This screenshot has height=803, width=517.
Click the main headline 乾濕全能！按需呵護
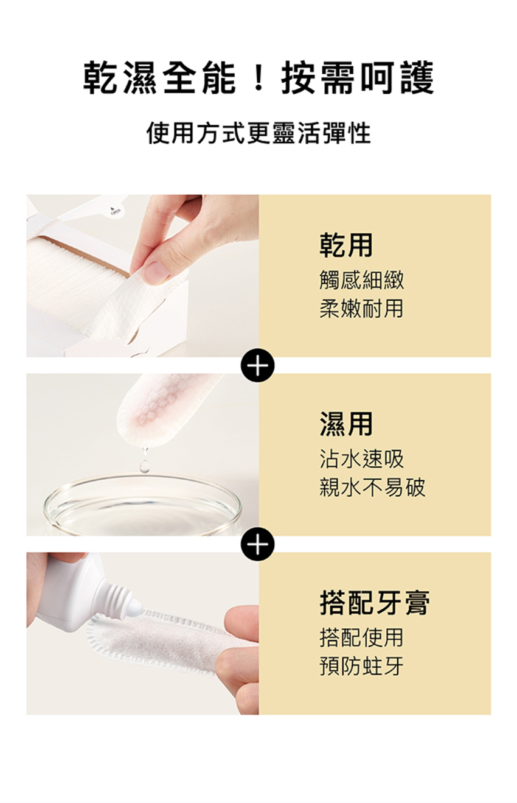(x=258, y=78)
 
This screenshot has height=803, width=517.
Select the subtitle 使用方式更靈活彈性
(x=258, y=133)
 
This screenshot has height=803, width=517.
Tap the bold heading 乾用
(x=346, y=245)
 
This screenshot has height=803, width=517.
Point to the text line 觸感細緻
(x=362, y=279)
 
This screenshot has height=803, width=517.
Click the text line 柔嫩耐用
(x=362, y=308)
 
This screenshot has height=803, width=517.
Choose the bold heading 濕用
(x=346, y=424)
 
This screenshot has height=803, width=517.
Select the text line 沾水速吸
(x=362, y=458)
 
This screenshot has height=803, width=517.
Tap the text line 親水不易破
(x=372, y=487)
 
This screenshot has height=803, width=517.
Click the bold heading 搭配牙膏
(x=375, y=603)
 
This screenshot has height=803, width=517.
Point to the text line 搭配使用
(x=362, y=637)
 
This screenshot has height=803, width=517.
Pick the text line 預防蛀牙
(x=362, y=666)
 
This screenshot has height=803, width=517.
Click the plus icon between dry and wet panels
(x=258, y=365)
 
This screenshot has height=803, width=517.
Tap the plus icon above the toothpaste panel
(x=258, y=544)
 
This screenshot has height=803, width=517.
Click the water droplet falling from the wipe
(x=144, y=465)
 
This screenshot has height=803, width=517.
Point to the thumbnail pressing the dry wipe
(x=156, y=272)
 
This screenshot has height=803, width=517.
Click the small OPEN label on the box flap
(x=116, y=211)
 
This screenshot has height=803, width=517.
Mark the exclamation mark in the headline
(x=258, y=78)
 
